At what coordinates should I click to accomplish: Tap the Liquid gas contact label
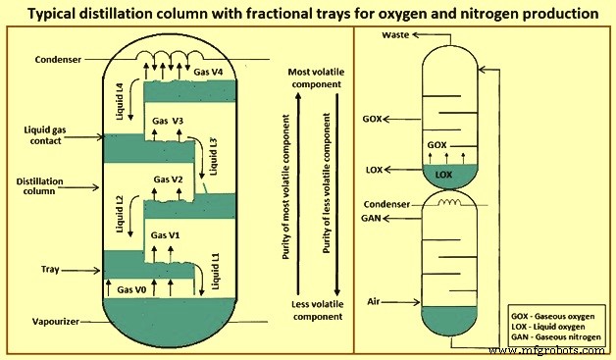point(44,134)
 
